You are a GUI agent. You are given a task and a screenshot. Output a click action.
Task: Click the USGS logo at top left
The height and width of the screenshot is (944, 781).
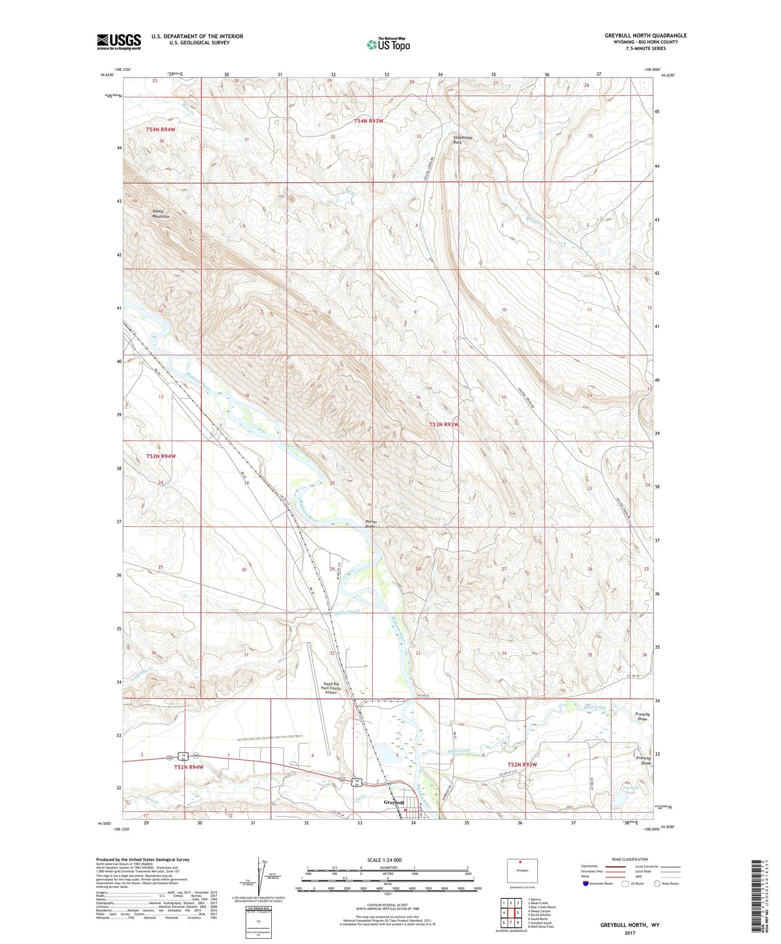click(119, 42)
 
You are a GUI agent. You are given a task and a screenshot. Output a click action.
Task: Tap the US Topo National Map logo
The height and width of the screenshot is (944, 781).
click(388, 44)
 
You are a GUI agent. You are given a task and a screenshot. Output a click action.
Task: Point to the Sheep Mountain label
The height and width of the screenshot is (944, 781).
click(160, 214)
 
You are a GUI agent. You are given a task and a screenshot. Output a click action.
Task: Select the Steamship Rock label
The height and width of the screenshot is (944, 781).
click(462, 140)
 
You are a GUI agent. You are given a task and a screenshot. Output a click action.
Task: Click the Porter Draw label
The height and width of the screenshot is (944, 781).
click(370, 524)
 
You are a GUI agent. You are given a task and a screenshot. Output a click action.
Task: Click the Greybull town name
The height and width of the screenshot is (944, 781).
click(394, 802)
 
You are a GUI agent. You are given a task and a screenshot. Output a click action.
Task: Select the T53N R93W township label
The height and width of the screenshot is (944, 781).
click(444, 424)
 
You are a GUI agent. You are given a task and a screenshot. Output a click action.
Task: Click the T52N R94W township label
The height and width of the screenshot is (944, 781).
click(188, 767)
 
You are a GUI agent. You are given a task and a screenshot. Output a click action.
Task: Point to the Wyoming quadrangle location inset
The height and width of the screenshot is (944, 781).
click(522, 871)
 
